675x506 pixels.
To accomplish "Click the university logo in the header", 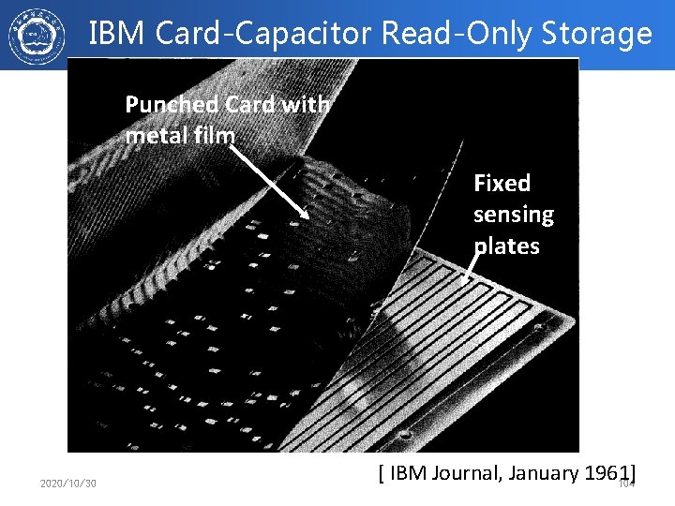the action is tap(36, 35).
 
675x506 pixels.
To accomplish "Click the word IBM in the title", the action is tap(117, 35).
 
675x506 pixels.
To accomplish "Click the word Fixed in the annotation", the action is tap(502, 183).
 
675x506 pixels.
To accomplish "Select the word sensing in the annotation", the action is tap(513, 215).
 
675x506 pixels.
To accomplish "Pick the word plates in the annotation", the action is tap(506, 246).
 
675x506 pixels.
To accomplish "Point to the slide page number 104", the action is tap(626, 484).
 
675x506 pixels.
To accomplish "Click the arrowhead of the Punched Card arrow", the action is tap(307, 216).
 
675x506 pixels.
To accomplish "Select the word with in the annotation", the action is tap(306, 105).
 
